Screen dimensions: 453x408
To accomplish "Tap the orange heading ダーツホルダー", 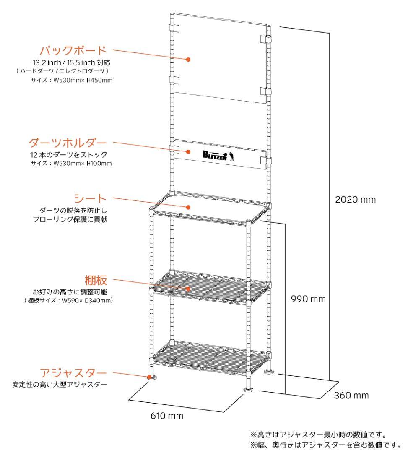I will [x=68, y=143].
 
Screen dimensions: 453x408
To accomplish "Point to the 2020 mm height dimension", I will [x=356, y=199].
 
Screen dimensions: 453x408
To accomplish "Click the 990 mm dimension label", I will [x=308, y=299].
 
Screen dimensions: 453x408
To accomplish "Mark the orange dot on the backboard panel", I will [x=189, y=60].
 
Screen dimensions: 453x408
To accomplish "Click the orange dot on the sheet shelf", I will [x=189, y=207].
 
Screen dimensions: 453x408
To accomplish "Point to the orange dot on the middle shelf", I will [x=189, y=289].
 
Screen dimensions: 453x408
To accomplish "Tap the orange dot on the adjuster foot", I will [x=149, y=377].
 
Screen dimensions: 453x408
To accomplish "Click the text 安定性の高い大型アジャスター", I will [x=59, y=384].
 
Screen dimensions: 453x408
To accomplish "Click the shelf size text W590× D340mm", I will [x=69, y=300].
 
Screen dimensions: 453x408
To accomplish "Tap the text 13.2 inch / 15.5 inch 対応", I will [x=71, y=63].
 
